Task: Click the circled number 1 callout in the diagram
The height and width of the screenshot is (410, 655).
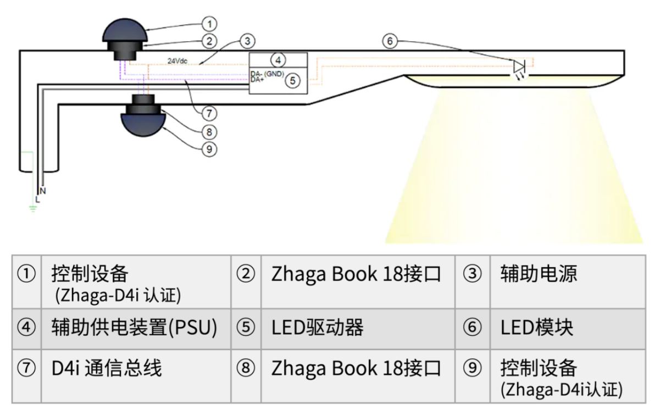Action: point(209,24)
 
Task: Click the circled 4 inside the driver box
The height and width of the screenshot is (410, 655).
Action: point(278,60)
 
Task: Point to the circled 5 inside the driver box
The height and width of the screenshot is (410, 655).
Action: point(293,81)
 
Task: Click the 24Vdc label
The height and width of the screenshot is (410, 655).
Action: point(177,61)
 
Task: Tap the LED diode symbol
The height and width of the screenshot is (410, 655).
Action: point(519,67)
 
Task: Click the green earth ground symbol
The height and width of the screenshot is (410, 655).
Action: point(33,208)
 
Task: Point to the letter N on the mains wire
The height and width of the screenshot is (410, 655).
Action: point(43,191)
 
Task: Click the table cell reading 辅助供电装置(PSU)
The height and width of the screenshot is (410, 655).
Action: point(134,328)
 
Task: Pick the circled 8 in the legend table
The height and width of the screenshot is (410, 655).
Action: point(246,368)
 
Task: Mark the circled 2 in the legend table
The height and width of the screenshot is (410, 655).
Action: point(246,274)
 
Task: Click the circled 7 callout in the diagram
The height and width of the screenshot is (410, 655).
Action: point(209,114)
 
